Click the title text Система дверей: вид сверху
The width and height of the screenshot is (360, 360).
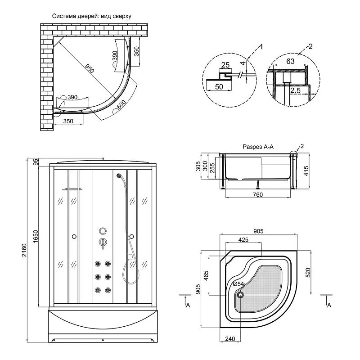coord(92,16)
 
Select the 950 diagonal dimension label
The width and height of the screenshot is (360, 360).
coord(90,68)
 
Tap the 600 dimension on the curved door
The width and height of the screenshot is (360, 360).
coord(121,105)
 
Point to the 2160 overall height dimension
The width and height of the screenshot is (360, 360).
coord(24,250)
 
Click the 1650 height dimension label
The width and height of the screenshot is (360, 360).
coord(36,236)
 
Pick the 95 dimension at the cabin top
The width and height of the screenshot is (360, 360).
coord(36,162)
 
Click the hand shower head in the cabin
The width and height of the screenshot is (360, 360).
coord(119,176)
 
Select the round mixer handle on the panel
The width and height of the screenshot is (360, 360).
coord(103,242)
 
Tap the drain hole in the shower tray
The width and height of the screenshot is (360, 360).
coord(240,295)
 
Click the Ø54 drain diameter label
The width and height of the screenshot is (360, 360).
coord(239,284)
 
